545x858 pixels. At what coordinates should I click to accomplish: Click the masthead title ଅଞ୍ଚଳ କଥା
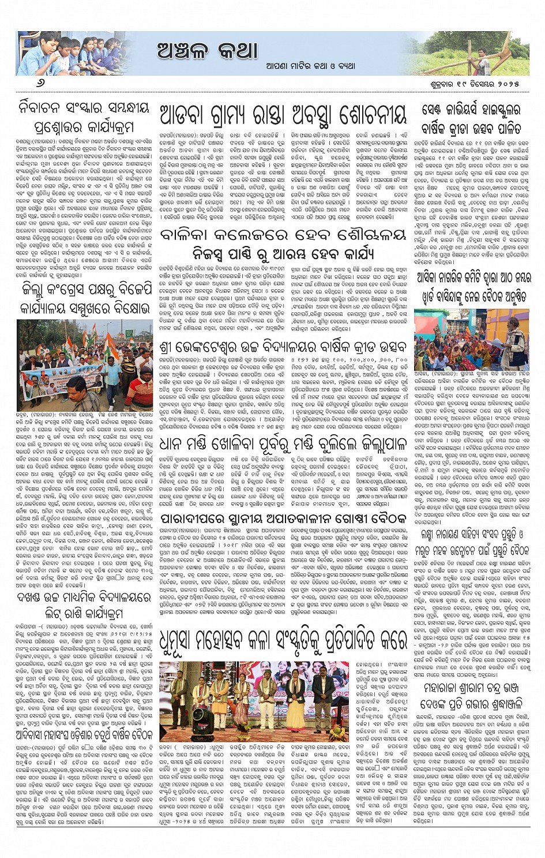point(207,51)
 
